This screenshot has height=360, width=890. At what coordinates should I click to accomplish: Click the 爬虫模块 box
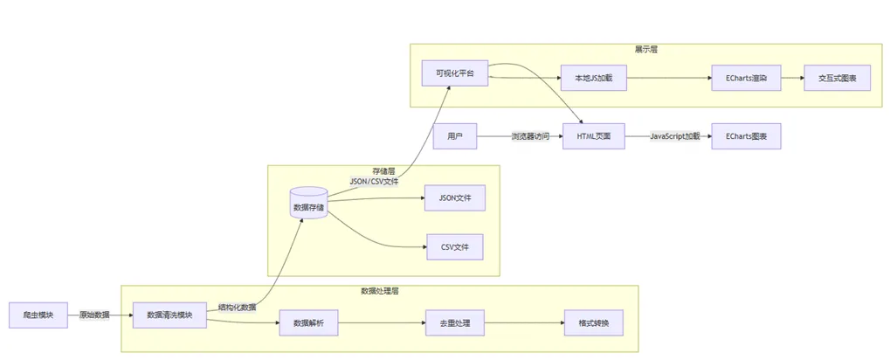[x=38, y=315]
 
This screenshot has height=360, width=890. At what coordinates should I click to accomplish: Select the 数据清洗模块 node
[x=169, y=315]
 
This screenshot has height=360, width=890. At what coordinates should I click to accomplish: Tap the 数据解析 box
[x=308, y=323]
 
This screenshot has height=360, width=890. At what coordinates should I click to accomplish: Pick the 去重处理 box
[x=454, y=323]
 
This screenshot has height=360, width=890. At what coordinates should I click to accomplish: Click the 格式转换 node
[x=594, y=323]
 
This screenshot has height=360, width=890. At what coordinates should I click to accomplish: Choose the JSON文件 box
[x=454, y=198]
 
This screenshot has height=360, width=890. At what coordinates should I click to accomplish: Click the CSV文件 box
[x=454, y=247]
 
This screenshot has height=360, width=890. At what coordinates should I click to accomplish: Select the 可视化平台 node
[x=454, y=73]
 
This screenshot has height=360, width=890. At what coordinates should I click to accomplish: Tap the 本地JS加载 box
[x=593, y=79]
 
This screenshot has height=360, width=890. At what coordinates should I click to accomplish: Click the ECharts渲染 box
[x=745, y=79]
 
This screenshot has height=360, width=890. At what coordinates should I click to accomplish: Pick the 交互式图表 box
[x=837, y=79]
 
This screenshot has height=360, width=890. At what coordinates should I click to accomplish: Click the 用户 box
[x=454, y=137]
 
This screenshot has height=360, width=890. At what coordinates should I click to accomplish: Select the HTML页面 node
[x=594, y=137]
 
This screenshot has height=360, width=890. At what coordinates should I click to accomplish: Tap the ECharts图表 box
[x=745, y=137]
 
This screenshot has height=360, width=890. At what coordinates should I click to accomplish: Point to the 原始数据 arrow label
[x=94, y=315]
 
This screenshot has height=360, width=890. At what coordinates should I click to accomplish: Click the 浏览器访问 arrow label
[x=530, y=137]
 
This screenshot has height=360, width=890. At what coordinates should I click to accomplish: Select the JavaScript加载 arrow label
[x=674, y=137]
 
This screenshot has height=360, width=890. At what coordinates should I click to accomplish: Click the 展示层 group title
[x=645, y=50]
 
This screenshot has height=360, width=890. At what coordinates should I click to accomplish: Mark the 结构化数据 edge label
[x=237, y=307]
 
